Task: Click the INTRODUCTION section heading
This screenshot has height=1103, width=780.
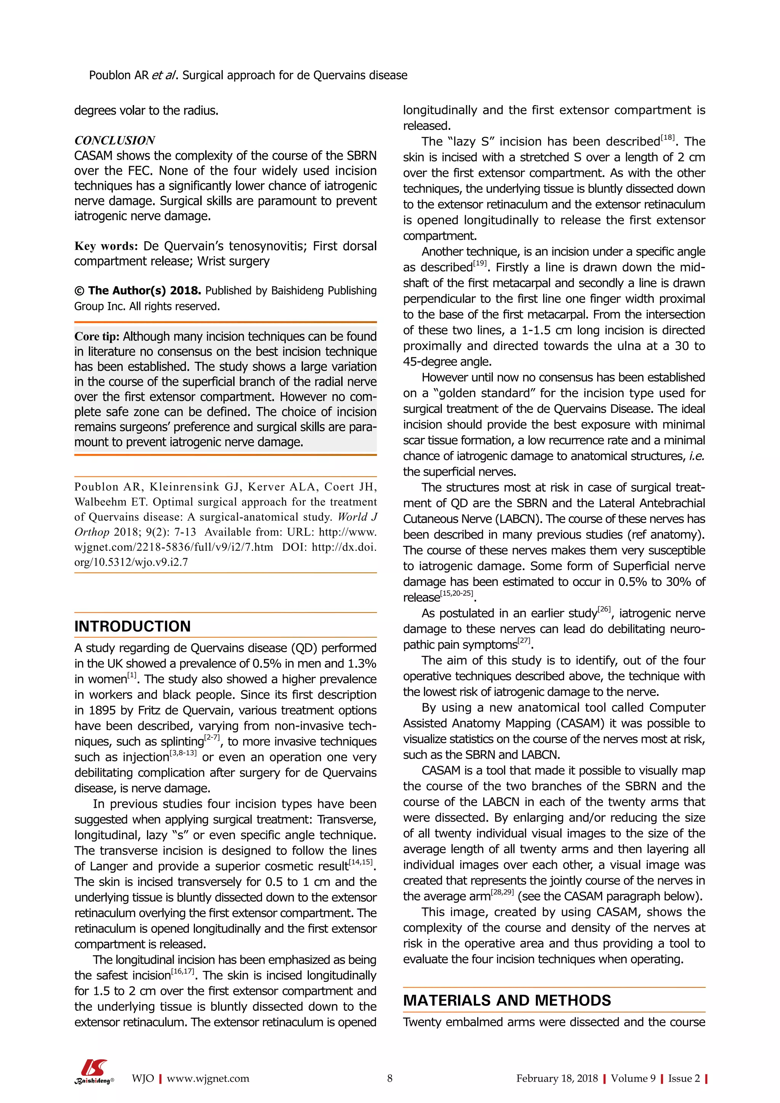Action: click(133, 627)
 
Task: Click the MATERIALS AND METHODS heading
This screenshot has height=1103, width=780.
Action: click(507, 1000)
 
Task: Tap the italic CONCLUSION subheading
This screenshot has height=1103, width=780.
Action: click(114, 140)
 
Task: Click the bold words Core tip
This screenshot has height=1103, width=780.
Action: click(96, 336)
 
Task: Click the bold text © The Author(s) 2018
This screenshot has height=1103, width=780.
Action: click(137, 291)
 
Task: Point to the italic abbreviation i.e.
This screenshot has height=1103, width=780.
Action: click(697, 456)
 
